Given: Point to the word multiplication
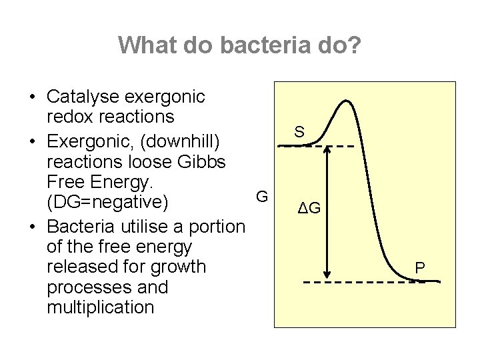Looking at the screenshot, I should pyautogui.click(x=101, y=308).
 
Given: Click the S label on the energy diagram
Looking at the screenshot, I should pyautogui.click(x=299, y=133).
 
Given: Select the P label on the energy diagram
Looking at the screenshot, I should pyautogui.click(x=419, y=269).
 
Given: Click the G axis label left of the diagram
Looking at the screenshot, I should pyautogui.click(x=262, y=197).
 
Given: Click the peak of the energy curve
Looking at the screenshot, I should pyautogui.click(x=345, y=102).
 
